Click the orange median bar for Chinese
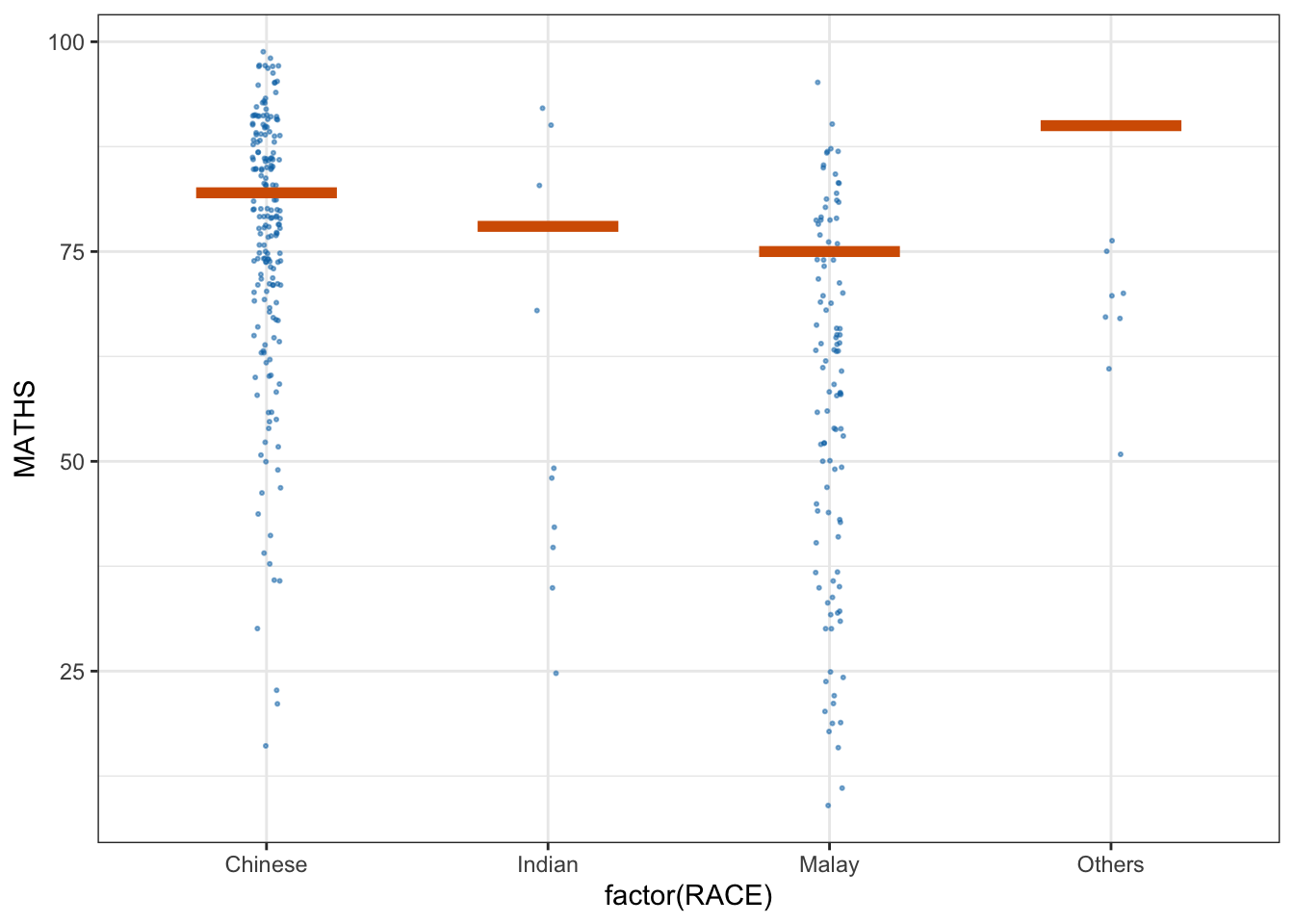point(266,192)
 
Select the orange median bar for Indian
point(548,226)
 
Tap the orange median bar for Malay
point(829,251)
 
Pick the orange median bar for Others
point(1110,125)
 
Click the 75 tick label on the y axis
point(72,252)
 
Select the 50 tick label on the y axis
point(72,462)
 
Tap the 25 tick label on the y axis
point(72,672)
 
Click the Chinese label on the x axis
point(266,864)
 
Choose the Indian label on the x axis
point(548,864)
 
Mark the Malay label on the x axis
point(829,864)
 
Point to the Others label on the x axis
point(1110,864)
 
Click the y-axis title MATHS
point(25,428)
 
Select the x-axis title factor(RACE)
point(688,897)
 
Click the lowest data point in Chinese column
point(266,746)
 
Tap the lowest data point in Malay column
point(828,806)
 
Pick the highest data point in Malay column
point(817,82)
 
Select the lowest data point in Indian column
point(556,673)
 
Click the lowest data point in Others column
point(1120,454)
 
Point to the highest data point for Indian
point(542,108)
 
